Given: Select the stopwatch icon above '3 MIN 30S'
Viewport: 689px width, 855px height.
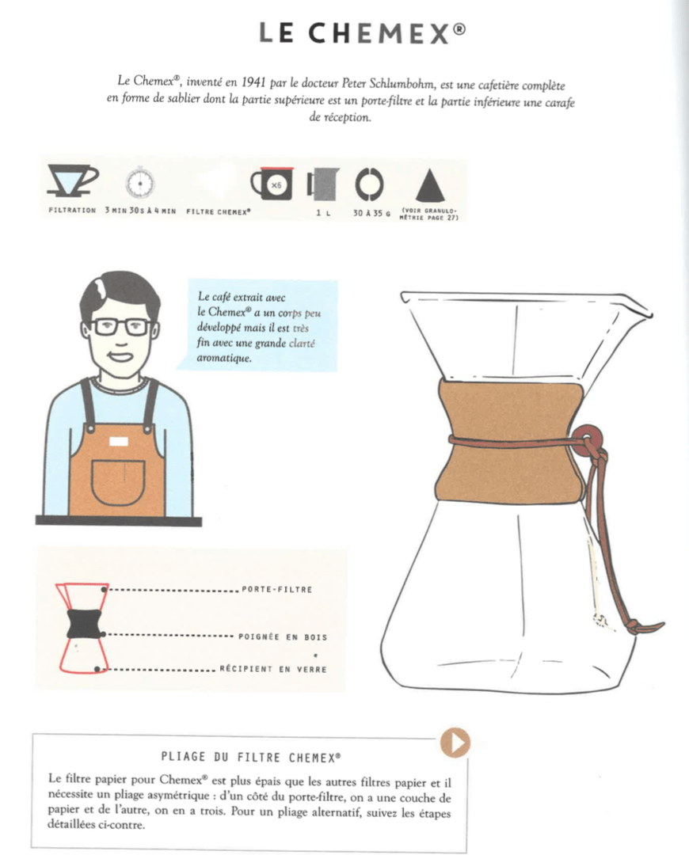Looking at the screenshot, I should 139,184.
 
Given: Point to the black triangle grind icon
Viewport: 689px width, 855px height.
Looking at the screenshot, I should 430,184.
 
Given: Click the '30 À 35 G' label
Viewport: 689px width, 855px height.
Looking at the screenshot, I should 371,213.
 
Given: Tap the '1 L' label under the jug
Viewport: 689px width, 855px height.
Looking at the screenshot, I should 322,213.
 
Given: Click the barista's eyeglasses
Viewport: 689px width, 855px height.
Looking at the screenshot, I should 120,326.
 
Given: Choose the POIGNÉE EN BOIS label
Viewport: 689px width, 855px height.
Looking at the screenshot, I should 283,636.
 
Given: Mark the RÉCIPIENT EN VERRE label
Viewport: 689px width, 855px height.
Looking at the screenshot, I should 272,670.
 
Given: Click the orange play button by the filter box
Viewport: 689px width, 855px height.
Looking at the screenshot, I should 456,742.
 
